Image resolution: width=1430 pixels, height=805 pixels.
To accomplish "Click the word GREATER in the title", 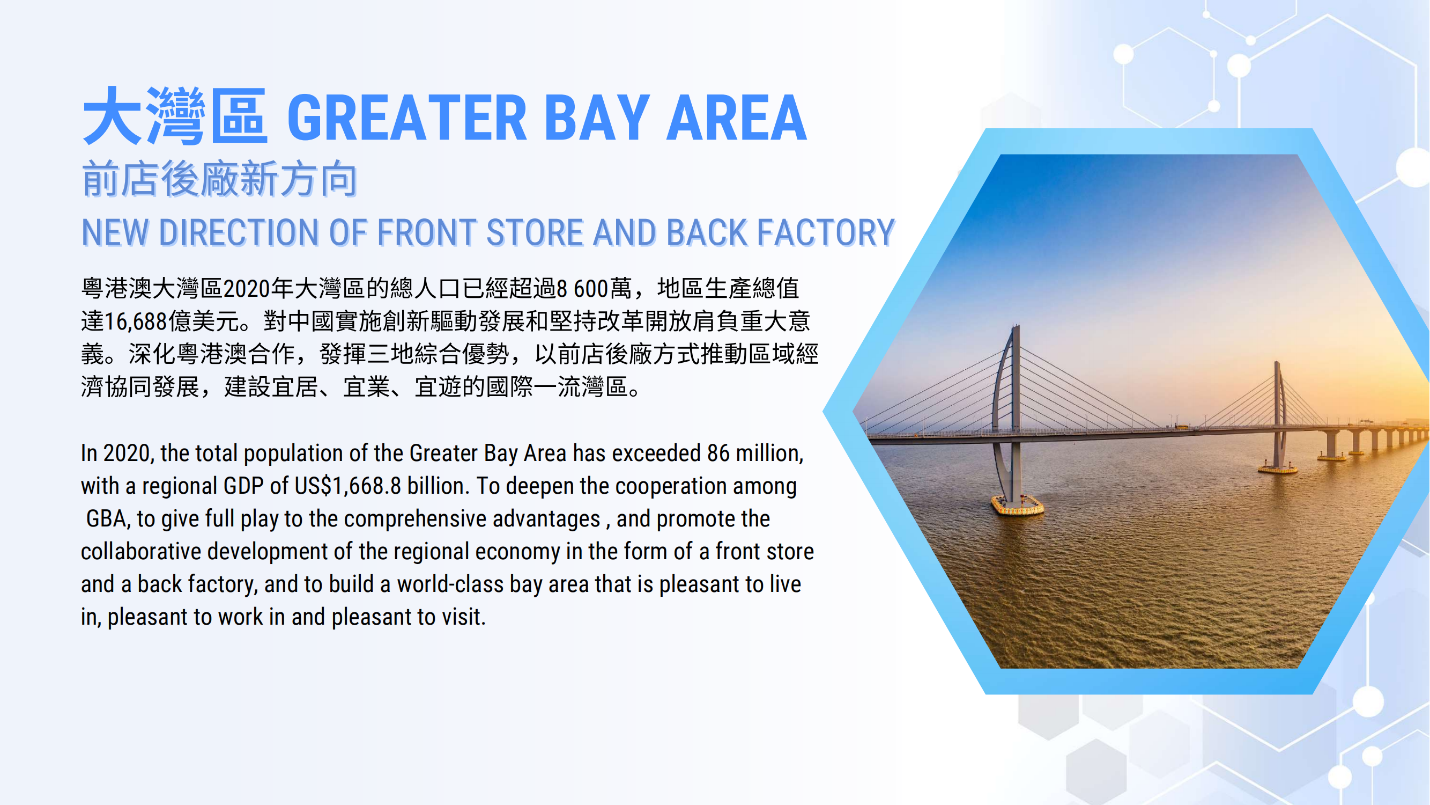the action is coord(407,118).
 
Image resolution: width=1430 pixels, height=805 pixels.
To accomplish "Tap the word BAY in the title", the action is coord(597,118).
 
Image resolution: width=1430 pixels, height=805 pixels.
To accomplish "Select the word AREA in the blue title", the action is coord(737,118).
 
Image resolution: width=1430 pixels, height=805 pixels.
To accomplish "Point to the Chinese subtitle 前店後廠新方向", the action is coord(220,179).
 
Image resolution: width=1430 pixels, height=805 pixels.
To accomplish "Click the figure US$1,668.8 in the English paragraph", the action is coord(348,486).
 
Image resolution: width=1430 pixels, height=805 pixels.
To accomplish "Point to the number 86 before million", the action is coord(718,453).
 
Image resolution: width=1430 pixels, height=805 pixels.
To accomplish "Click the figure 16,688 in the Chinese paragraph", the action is coord(136,321).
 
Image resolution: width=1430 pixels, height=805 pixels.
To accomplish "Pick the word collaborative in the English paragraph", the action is coord(141,552).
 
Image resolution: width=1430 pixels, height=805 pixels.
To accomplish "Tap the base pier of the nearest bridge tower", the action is coord(1018,506).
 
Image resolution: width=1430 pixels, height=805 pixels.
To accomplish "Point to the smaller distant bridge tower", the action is coord(1278,416).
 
